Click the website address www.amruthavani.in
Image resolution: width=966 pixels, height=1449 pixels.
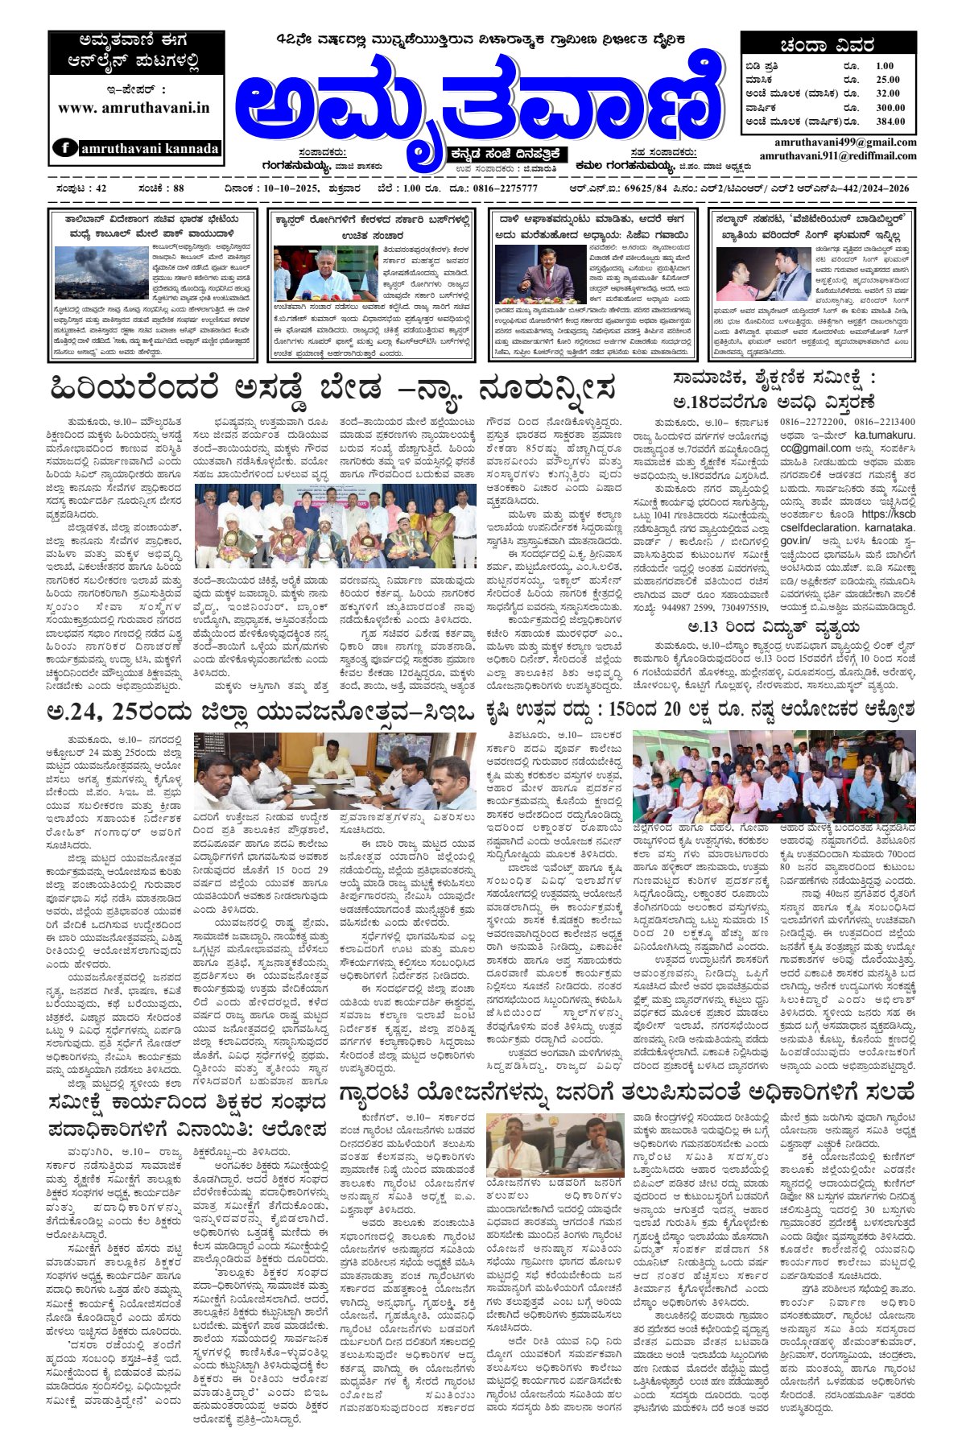pyautogui.click(x=134, y=107)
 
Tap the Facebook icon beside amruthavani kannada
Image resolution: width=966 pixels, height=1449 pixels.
pyautogui.click(x=65, y=148)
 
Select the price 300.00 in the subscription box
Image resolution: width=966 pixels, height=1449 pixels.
pyautogui.click(x=890, y=107)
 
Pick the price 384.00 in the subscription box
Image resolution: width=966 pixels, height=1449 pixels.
pyautogui.click(x=890, y=122)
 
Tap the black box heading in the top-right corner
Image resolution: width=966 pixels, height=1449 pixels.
pyautogui.click(x=828, y=46)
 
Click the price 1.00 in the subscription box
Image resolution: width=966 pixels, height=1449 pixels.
pyautogui.click(x=885, y=66)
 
